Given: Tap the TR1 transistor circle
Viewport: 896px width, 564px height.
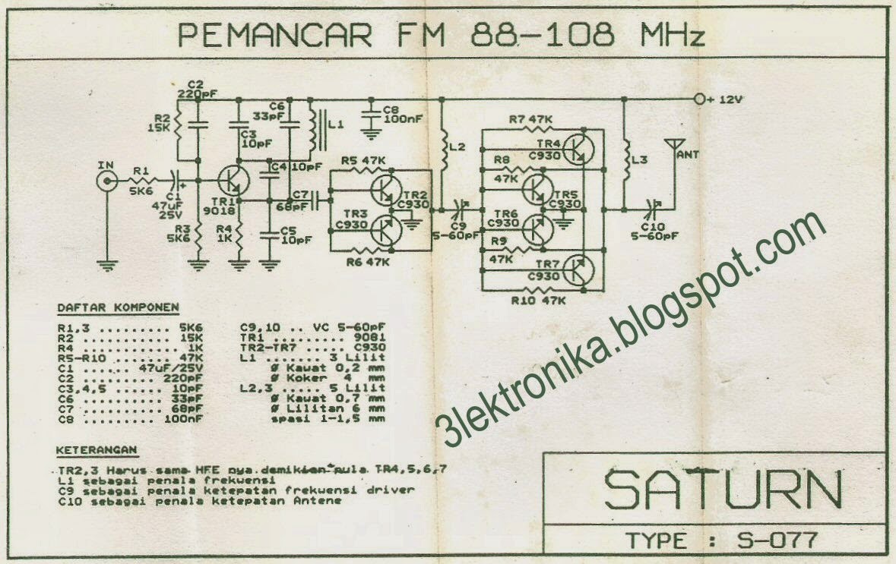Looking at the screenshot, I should point(232,181).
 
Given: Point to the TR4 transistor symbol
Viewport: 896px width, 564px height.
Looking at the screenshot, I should point(581,147).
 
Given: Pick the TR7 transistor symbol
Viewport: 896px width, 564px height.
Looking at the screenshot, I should point(581,269).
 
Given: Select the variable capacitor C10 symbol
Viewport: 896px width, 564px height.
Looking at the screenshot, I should point(651,208).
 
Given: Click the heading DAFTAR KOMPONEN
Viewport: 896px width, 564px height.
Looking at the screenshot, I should point(118,307).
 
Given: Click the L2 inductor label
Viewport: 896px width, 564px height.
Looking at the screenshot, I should point(457,147).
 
